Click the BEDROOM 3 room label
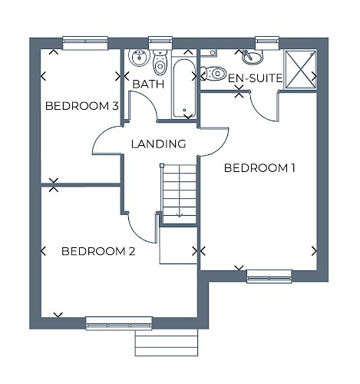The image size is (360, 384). coord(82,106)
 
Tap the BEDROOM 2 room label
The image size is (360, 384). coord(98,251)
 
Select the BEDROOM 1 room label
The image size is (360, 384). coord(259,168)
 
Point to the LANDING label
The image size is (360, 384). coord(158,144)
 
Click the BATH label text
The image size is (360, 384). coord(148,84)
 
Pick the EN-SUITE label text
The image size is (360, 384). coord(255,78)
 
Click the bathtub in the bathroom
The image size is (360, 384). coord(184,88)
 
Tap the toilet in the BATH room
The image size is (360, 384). coord(160,62)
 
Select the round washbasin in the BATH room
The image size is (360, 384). coord(139,58)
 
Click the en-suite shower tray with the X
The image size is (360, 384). coord(300,70)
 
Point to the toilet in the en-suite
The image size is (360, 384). coord(213,74)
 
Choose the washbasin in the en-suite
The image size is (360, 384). coord(253,58)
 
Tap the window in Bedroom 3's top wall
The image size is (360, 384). coord(85,43)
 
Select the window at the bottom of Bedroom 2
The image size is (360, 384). coord(119,323)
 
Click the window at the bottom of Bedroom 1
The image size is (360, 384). coord(269,276)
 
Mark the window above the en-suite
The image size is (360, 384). coord(267,43)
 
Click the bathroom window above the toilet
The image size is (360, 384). coord(160,43)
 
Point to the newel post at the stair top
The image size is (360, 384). coord(162,166)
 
